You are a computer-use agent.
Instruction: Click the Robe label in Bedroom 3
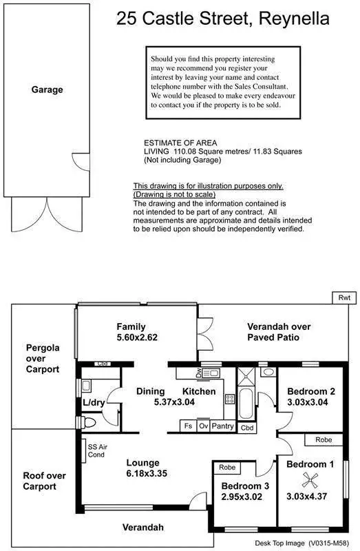click(x=226, y=468)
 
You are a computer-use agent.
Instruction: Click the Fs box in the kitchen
click(x=187, y=426)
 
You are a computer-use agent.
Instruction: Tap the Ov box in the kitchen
click(x=204, y=426)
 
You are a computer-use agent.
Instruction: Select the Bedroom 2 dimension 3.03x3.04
click(x=310, y=403)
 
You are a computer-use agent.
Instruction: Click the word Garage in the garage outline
click(x=47, y=90)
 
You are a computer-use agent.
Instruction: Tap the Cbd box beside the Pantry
click(x=247, y=427)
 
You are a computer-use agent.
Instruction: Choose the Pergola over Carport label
click(x=43, y=358)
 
